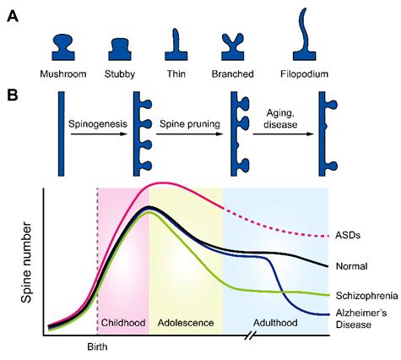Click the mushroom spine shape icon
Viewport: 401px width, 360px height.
pos(63,47)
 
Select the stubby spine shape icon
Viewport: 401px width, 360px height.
pos(120,49)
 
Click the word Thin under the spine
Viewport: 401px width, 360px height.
pos(176,74)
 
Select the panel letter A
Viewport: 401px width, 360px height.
pos(13,16)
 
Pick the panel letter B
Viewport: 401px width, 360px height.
pos(12,95)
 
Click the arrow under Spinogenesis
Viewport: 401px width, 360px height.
pos(99,134)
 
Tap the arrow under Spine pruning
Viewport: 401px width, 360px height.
pos(190,134)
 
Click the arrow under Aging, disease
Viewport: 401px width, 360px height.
pos(284,134)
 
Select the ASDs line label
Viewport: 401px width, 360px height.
pos(348,235)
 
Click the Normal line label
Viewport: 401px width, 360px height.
pos(352,266)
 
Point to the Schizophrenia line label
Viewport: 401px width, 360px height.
pos(367,296)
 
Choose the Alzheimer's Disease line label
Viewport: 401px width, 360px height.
pos(361,319)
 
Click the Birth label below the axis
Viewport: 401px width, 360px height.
pos(97,346)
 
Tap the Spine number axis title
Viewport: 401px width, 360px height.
pos(26,262)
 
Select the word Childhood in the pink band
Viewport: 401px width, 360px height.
pos(123,323)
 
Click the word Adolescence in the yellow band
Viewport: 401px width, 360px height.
pos(186,323)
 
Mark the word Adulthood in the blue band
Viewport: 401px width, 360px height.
pos(275,323)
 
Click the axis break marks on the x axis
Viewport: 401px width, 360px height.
pos(250,335)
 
